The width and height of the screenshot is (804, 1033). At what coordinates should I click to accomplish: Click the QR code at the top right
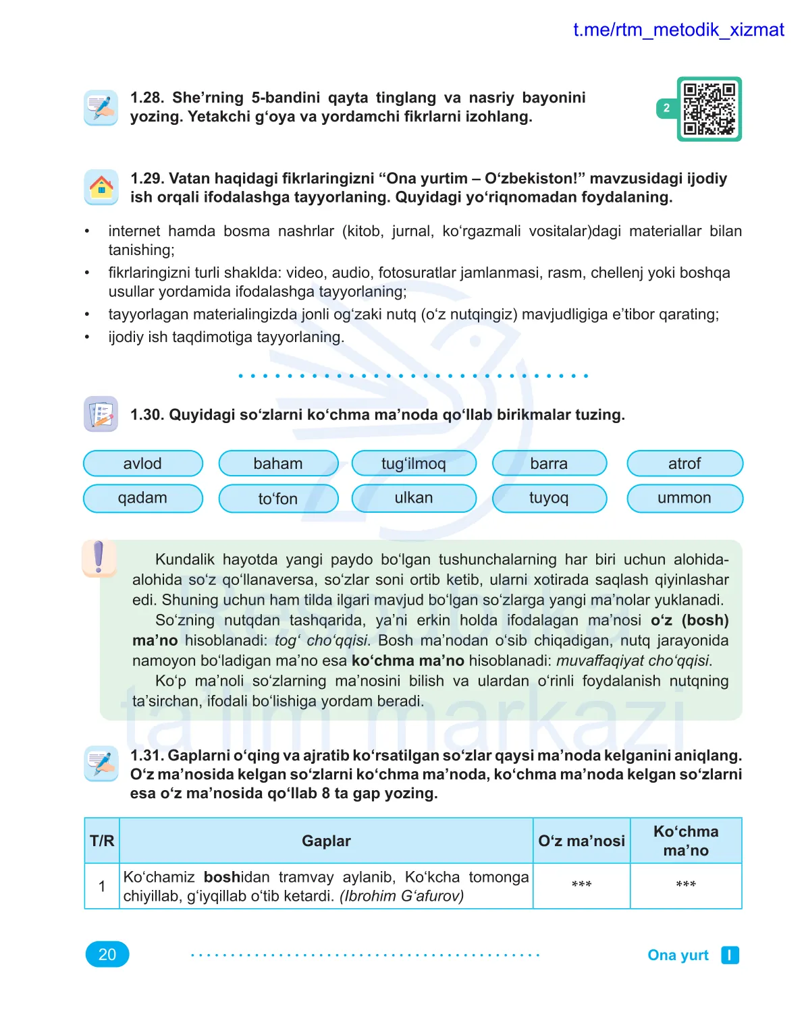point(709,109)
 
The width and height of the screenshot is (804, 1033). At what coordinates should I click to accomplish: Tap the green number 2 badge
point(666,108)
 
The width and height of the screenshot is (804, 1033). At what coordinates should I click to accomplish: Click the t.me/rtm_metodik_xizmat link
point(678,30)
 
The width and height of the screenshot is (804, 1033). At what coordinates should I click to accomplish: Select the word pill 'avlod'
point(142,464)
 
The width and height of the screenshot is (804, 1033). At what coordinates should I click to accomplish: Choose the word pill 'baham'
point(278,464)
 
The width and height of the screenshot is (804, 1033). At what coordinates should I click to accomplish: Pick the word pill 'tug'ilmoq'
point(414,464)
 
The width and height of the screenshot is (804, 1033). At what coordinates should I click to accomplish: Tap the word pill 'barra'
point(549,464)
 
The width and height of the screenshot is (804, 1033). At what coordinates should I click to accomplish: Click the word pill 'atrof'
point(685,464)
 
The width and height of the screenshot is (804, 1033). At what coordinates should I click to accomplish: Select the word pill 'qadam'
point(142,498)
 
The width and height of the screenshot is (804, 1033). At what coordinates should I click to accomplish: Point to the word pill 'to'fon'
point(278,499)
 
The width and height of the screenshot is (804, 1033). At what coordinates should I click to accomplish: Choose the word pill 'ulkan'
point(414,498)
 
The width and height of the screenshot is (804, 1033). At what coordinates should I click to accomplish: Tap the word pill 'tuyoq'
point(549,498)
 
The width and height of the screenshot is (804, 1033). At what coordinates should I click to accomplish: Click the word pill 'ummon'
point(685,498)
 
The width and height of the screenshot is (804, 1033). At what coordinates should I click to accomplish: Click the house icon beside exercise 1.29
point(101,187)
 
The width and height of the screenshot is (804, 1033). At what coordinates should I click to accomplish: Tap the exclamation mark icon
point(99,557)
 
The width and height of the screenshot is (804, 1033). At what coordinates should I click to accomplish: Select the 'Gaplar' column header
point(326,841)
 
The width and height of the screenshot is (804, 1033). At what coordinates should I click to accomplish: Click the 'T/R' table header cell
point(102,841)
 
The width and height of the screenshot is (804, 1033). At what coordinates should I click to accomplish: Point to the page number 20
point(107,954)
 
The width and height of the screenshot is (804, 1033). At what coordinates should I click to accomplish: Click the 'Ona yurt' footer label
point(678,955)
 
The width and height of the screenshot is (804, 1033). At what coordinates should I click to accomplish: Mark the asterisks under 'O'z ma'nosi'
point(581,885)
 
